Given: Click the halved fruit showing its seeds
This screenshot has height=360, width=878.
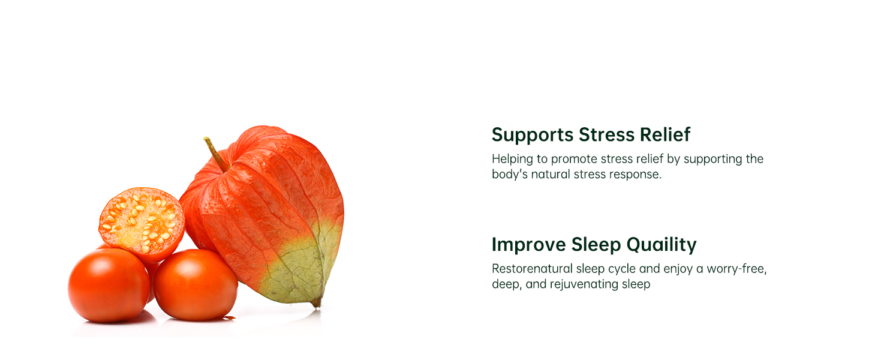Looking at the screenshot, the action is (142, 224).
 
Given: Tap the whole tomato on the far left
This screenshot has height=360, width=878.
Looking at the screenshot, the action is (109, 285).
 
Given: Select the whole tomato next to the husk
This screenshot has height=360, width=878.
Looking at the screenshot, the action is (195, 285).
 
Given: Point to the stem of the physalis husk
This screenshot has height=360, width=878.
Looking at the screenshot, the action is (216, 154).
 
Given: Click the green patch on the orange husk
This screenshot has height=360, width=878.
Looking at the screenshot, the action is (302, 263).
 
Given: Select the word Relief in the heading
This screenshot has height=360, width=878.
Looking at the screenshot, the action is (664, 134).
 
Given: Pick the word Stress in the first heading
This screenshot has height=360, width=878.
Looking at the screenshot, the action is (607, 134).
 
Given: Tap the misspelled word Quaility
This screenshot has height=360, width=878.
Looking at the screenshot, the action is (661, 245).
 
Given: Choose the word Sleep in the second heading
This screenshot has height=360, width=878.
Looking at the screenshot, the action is (596, 245).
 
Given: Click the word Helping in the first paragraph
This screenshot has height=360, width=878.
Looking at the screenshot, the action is (512, 160).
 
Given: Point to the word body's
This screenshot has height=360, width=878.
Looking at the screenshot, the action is (509, 174).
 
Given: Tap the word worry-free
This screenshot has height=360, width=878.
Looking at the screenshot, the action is (736, 269).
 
